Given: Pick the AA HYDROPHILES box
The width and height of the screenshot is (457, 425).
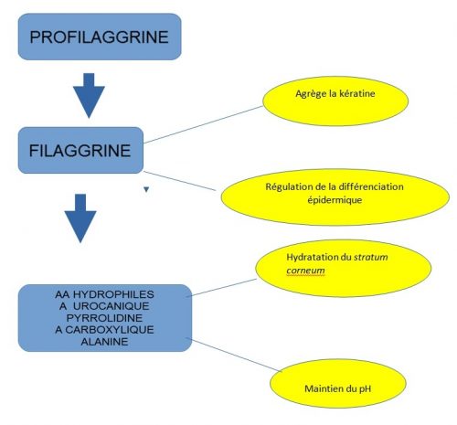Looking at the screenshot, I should click(x=105, y=316).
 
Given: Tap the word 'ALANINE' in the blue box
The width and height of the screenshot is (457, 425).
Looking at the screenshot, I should click(x=104, y=340).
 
